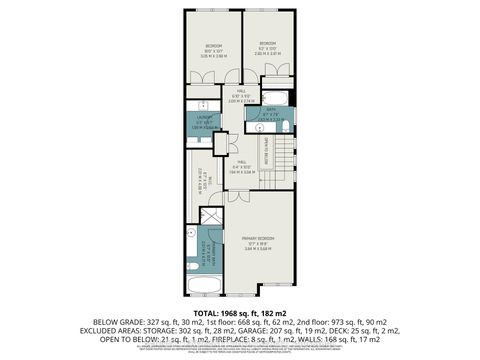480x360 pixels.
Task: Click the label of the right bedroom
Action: click(x=268, y=44)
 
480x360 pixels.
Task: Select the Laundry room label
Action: click(x=202, y=121)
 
